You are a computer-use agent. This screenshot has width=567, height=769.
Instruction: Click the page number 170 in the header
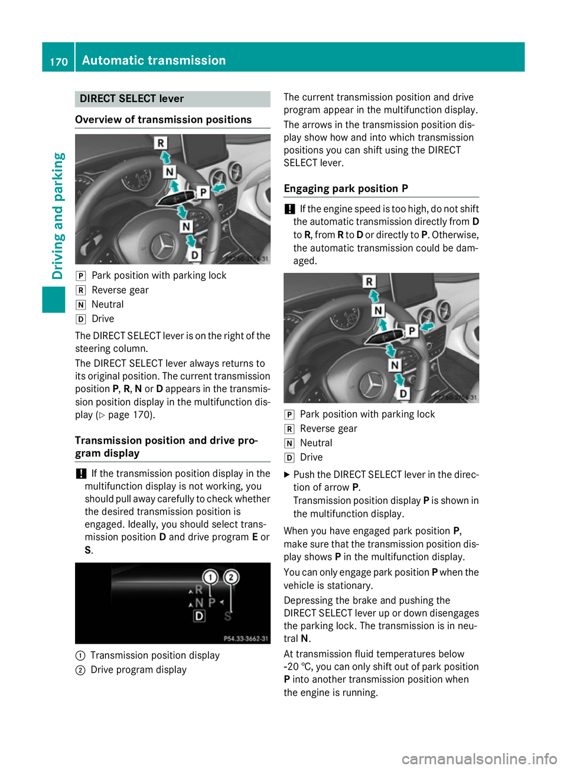(x=58, y=61)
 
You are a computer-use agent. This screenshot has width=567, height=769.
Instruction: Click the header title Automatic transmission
(x=154, y=60)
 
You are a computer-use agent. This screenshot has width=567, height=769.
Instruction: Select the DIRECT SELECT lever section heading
(x=132, y=99)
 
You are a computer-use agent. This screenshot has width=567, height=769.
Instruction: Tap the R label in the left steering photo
(x=161, y=142)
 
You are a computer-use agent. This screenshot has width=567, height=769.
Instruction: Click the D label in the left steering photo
(x=194, y=255)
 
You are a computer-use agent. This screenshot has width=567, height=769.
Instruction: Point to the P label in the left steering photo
(x=203, y=192)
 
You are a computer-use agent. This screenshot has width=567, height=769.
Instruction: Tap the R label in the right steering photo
(x=369, y=282)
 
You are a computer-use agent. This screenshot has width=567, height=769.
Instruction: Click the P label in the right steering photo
(x=412, y=331)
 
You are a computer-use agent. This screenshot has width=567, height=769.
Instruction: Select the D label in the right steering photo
(x=403, y=393)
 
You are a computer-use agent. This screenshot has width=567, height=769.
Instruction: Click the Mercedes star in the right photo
(x=372, y=385)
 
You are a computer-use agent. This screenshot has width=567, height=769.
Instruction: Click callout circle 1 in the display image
(x=210, y=577)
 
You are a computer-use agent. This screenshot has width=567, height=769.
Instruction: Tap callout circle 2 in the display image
(x=231, y=577)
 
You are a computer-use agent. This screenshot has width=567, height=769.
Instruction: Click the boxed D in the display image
(x=199, y=616)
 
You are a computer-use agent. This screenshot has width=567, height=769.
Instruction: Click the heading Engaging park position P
(x=346, y=188)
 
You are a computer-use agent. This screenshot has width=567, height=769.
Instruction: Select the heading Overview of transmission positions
(x=164, y=120)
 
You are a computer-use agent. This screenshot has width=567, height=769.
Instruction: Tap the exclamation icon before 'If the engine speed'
(x=289, y=209)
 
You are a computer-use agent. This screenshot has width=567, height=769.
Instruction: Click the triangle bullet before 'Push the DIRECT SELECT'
(x=287, y=475)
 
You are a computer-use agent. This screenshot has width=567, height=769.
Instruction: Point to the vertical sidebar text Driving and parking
(x=58, y=216)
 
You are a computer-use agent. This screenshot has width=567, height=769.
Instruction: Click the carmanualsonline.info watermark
(x=479, y=758)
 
